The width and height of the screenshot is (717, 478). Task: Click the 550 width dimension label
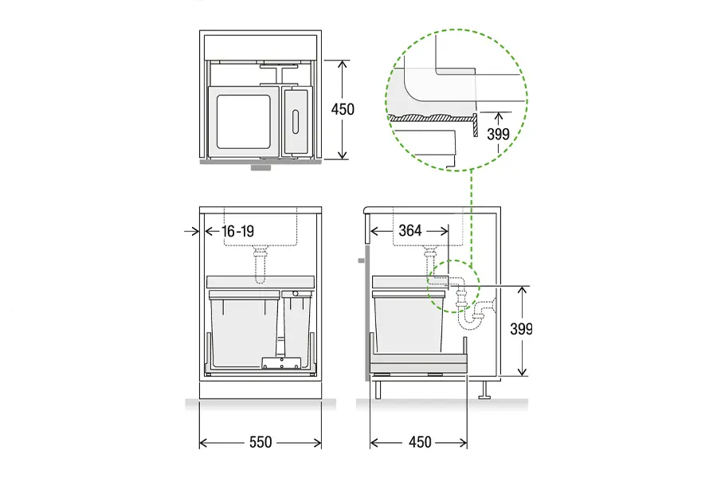261,442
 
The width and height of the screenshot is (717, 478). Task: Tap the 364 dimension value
409,230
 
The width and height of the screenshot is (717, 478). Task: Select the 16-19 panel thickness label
237,231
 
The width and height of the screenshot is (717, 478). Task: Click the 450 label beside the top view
343,109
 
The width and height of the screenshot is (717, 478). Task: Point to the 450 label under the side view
420,442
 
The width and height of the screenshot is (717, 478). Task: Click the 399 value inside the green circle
498,134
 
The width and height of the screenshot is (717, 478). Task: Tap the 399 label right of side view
521,329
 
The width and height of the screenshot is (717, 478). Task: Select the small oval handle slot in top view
296,122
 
